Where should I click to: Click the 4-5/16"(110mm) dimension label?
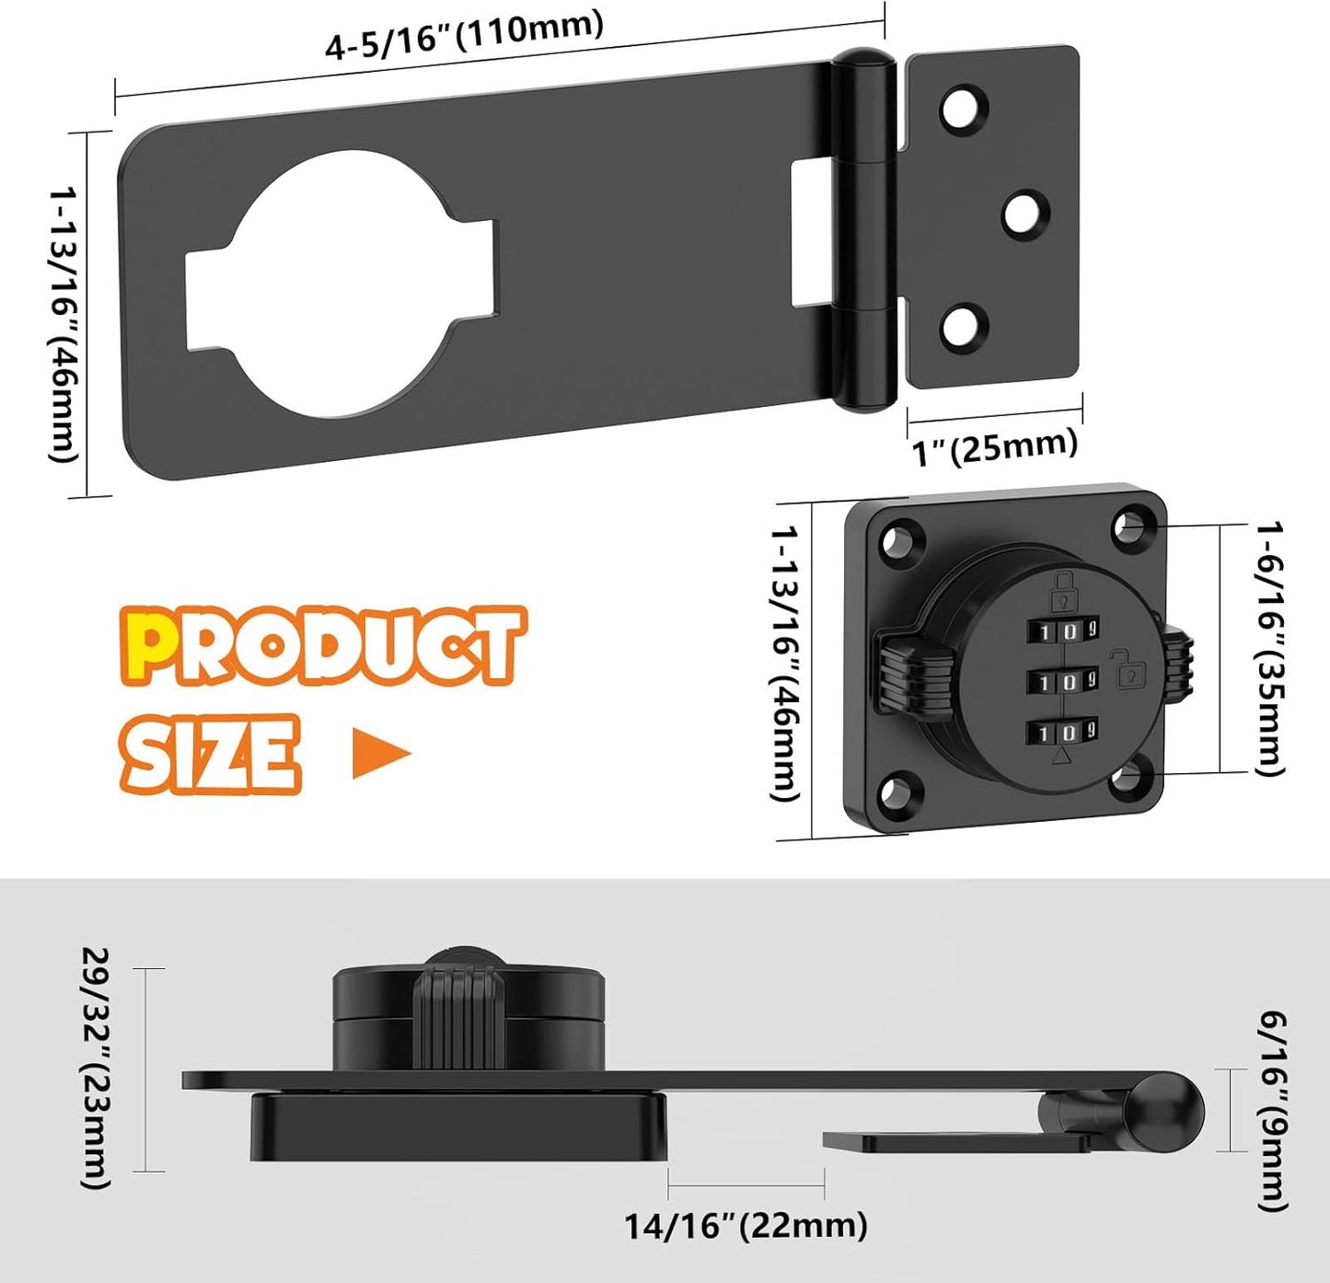464,35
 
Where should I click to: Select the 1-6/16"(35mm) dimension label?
1270,648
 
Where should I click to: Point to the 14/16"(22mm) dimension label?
746,1226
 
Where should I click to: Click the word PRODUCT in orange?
322,646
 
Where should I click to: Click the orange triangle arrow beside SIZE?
379,754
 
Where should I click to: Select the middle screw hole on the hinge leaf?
1025,213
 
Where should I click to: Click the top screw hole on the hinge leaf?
963,108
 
